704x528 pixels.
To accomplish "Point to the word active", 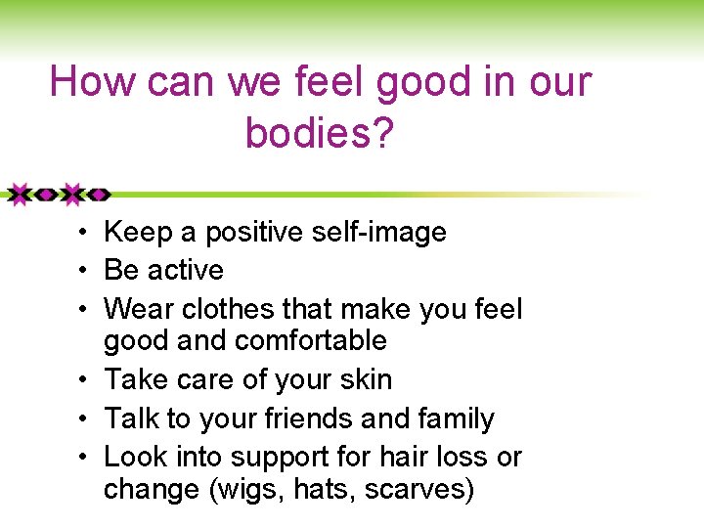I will point(185,270).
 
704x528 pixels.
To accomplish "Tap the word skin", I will point(364,379).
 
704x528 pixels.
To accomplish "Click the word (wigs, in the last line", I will point(244,489).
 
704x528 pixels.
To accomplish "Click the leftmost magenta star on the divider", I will point(19,194).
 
